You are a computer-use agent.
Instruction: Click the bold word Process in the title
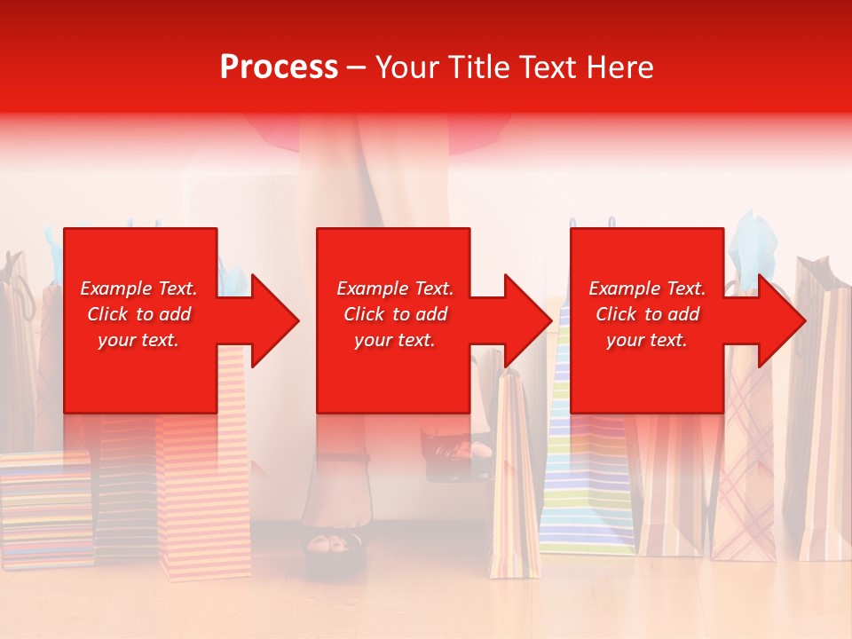(x=279, y=67)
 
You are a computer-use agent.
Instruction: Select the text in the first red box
(x=138, y=314)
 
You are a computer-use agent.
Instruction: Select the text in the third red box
(x=647, y=314)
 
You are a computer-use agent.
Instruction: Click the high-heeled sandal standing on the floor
(x=333, y=524)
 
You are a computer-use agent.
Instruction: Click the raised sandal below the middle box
(x=457, y=453)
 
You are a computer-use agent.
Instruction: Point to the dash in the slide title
(x=357, y=67)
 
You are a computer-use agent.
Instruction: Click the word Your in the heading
(x=409, y=67)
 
